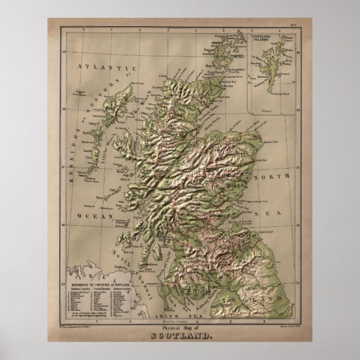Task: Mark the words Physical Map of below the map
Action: (179, 328)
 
